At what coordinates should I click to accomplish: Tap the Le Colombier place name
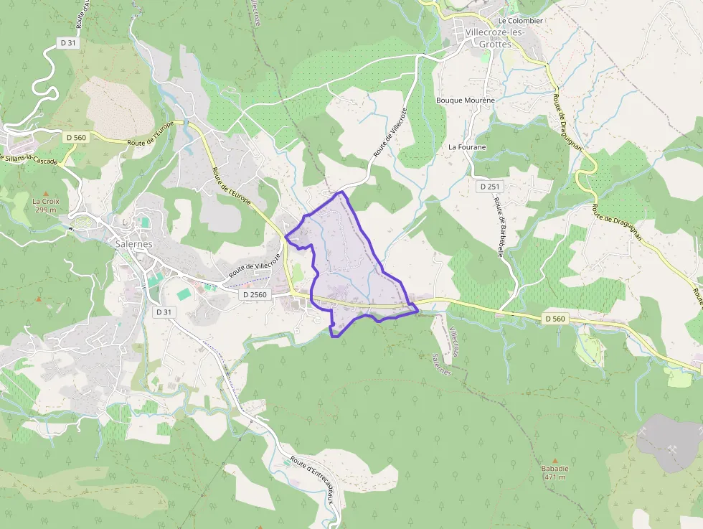click(521, 21)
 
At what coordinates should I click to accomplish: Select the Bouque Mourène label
click(466, 100)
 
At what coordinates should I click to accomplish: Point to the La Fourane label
click(467, 147)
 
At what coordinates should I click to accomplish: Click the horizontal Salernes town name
click(133, 244)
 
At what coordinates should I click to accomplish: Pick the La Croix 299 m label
click(45, 205)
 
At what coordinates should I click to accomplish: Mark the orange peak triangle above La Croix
click(46, 194)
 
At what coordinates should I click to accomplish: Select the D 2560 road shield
click(255, 294)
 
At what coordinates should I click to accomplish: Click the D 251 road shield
click(490, 187)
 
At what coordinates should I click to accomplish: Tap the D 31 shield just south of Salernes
click(164, 312)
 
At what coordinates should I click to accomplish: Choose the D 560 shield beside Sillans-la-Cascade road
click(75, 137)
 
